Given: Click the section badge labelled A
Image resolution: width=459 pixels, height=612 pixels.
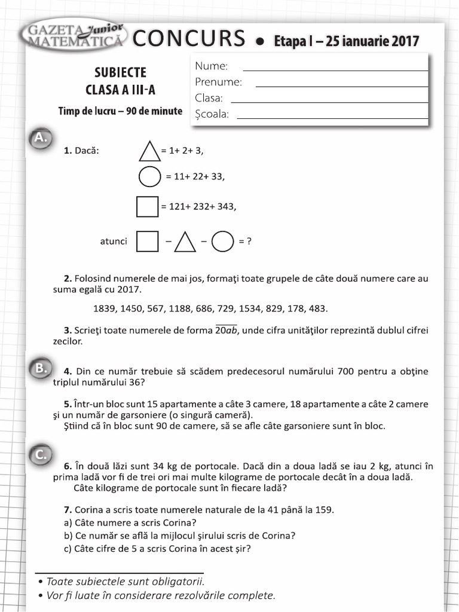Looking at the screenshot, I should pos(40,137).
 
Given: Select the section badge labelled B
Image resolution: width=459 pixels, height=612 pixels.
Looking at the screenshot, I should pos(40,369).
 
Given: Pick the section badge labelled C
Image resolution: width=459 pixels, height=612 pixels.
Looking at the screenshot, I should pos(40,455).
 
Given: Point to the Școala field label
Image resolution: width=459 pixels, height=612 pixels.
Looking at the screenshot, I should pos(212,114).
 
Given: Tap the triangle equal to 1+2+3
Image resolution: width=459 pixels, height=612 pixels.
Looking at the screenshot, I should pos(149,151).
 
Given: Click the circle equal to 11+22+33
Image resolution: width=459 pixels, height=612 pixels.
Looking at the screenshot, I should pos(149,177).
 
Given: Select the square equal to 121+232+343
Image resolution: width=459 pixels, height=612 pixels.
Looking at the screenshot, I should pos(148,207).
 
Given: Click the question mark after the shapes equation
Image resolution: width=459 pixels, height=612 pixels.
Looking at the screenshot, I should pos(249,241).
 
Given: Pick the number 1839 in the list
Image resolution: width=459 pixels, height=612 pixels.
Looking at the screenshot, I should pos(105,309).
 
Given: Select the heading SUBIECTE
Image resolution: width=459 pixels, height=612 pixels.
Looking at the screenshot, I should pos(120,73).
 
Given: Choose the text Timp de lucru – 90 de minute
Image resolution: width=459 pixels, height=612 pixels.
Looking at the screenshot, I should pos(120,111).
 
